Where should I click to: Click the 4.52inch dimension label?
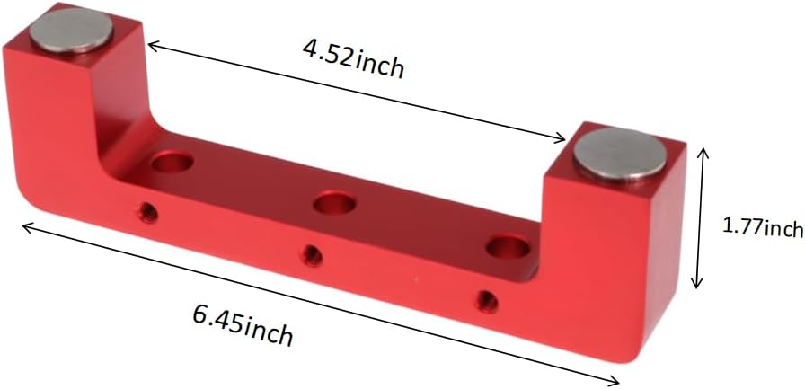pyautogui.click(x=353, y=59)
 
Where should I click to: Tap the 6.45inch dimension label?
pyautogui.click(x=243, y=325)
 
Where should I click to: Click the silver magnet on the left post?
pyautogui.click(x=71, y=30)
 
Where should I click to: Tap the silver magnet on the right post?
pyautogui.click(x=621, y=155)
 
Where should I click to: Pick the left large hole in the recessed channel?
pyautogui.click(x=172, y=163)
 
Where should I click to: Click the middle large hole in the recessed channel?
pyautogui.click(x=334, y=202)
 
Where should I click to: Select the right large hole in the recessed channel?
pyautogui.click(x=508, y=247)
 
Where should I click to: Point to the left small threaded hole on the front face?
pyautogui.click(x=148, y=209)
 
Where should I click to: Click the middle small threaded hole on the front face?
pyautogui.click(x=312, y=254)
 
